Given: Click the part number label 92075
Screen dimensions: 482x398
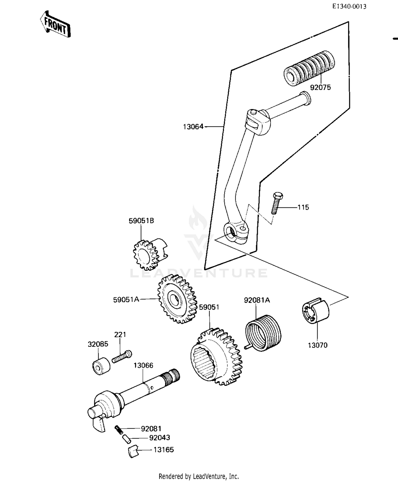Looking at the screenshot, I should point(320,87).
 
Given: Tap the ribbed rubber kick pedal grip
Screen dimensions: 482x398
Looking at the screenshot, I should point(309,68).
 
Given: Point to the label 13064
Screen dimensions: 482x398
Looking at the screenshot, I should point(193,127).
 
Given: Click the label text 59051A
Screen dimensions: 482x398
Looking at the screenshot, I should point(126,300).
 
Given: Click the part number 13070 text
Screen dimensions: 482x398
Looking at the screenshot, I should point(318,345).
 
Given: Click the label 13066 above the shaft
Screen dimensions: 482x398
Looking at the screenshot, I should point(143,365).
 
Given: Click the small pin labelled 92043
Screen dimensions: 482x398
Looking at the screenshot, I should point(127,438).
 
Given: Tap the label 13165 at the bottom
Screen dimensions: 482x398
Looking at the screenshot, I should point(164,450).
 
